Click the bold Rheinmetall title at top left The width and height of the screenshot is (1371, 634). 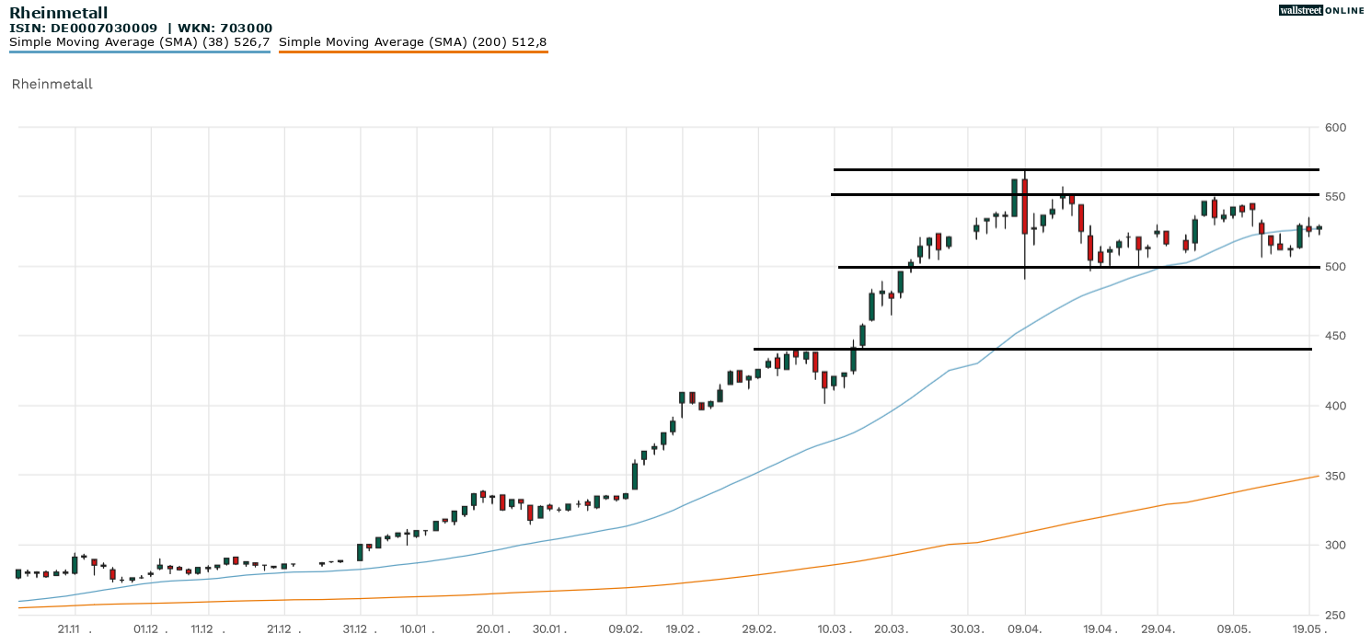coord(58,13)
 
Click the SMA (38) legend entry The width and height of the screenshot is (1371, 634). coord(139,42)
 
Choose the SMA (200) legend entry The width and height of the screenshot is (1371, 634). coord(412,42)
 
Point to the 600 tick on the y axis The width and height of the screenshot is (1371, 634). coord(1335,127)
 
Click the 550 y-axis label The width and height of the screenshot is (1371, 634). coord(1335,197)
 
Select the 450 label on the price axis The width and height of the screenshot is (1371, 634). coord(1335,337)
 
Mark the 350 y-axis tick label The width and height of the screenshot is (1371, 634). coord(1335,477)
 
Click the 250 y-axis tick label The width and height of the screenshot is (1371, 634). coord(1335,616)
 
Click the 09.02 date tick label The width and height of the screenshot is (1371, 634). coord(626,628)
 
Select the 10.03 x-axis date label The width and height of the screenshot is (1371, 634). coord(834,628)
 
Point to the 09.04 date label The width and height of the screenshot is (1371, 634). coord(1024,628)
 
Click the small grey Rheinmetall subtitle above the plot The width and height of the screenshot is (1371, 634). coord(52,85)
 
